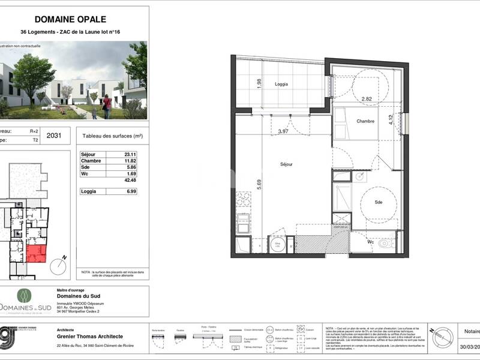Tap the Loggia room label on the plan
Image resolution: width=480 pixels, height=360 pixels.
click(x=278, y=85)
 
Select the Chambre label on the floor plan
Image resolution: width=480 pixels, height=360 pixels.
click(x=365, y=121)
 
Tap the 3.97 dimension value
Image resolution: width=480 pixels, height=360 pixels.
click(x=283, y=131)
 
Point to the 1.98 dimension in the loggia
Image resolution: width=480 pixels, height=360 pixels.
click(x=259, y=85)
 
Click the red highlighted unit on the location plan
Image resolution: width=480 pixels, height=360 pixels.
click(x=37, y=254)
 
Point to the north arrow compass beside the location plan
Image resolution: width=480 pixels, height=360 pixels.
click(x=58, y=265)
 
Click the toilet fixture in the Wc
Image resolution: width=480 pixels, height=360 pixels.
click(x=385, y=244)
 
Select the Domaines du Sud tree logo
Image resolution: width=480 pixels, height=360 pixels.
click(x=25, y=295)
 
